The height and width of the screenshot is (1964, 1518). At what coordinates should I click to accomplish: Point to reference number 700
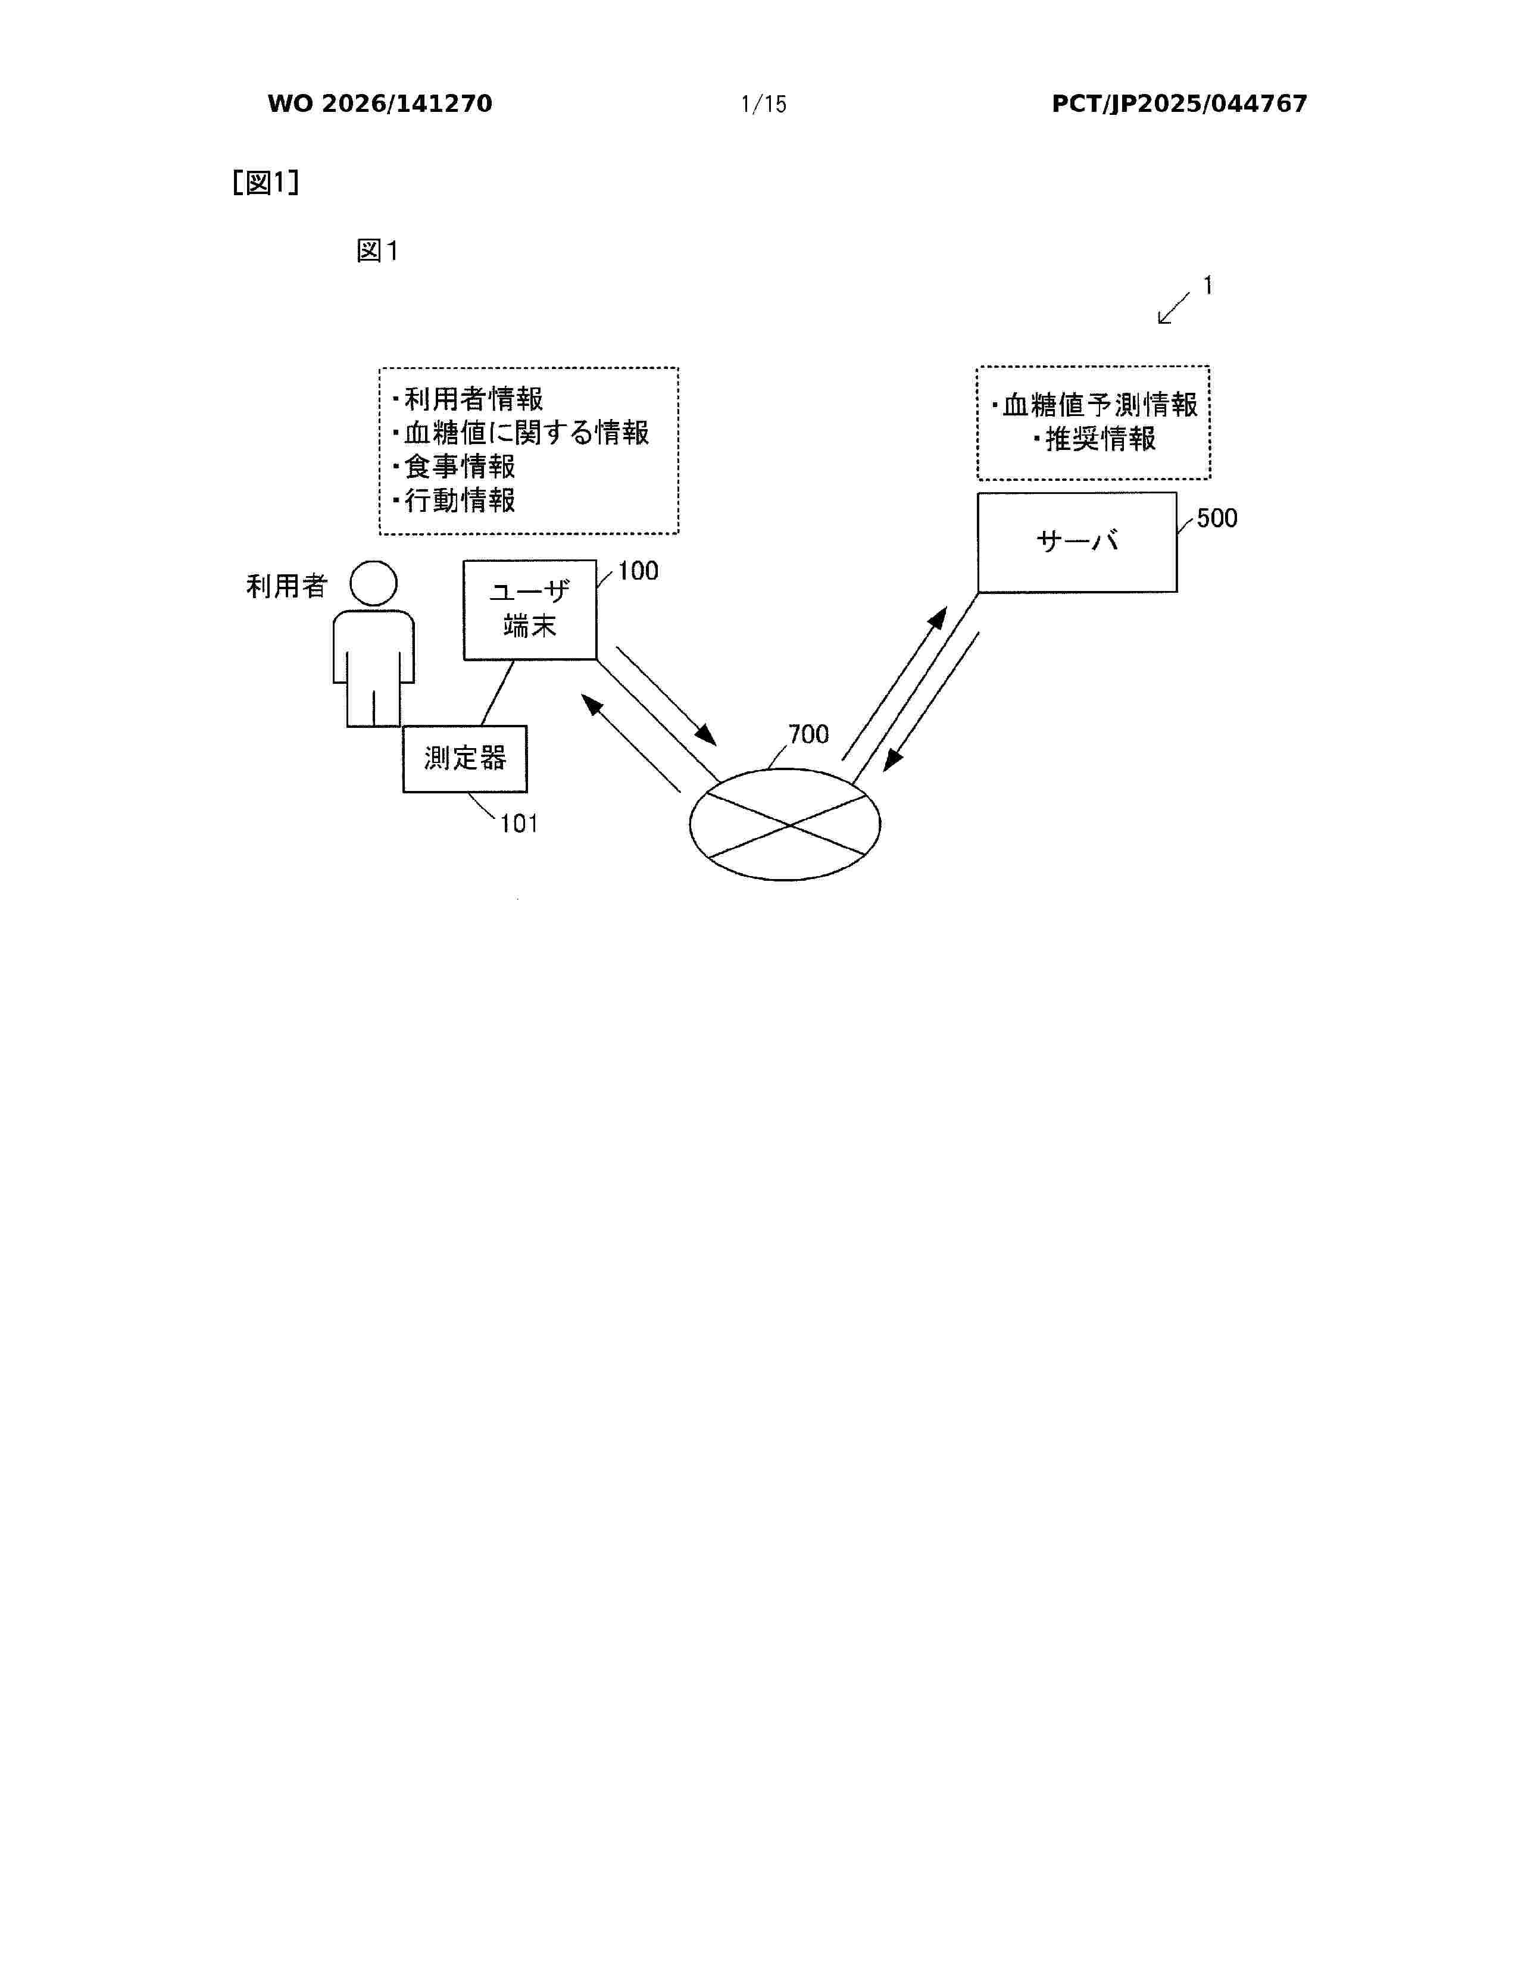point(808,734)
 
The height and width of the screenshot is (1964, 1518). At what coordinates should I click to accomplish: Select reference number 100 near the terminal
point(638,571)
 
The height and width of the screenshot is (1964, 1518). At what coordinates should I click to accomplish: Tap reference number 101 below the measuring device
point(519,824)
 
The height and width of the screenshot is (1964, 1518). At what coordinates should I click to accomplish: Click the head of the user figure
point(373,584)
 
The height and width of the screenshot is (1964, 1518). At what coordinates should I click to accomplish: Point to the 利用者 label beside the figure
point(287,586)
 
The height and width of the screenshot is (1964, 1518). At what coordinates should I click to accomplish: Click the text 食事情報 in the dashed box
point(460,466)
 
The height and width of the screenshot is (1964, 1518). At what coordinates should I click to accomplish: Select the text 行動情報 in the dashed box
point(460,500)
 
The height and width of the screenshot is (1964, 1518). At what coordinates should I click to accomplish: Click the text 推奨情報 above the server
point(1101,439)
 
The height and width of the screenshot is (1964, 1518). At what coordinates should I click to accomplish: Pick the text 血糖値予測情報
point(1101,405)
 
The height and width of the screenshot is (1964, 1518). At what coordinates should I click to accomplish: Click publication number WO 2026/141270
point(380,104)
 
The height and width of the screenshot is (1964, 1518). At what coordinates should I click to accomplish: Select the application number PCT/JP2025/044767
point(1179,104)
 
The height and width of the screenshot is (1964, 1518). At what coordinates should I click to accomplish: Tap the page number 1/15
point(764,104)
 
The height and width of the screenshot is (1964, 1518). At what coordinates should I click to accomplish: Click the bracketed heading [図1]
point(266,183)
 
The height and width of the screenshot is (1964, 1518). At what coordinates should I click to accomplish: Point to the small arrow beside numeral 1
point(1173,308)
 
